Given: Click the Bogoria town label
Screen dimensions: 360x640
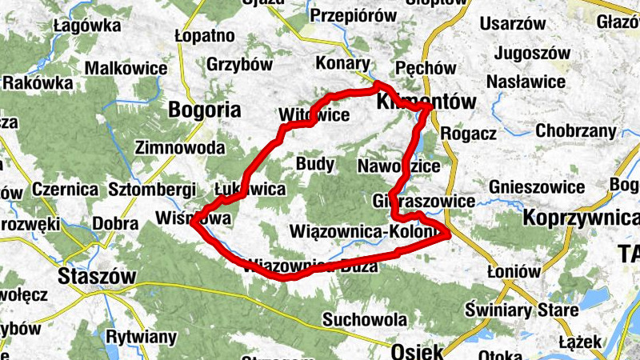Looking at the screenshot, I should (x=204, y=110).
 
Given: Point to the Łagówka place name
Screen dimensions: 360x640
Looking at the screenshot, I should (x=86, y=26).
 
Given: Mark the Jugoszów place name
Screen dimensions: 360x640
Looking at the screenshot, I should (x=532, y=54).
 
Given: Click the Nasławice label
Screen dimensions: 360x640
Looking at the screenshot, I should (x=526, y=81).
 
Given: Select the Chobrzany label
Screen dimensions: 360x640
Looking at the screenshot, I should (x=575, y=130).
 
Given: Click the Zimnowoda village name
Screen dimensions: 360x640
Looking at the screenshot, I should (x=181, y=147).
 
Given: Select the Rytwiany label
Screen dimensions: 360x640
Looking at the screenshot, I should (x=142, y=337).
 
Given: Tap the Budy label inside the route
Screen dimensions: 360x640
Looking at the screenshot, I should (x=315, y=164).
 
